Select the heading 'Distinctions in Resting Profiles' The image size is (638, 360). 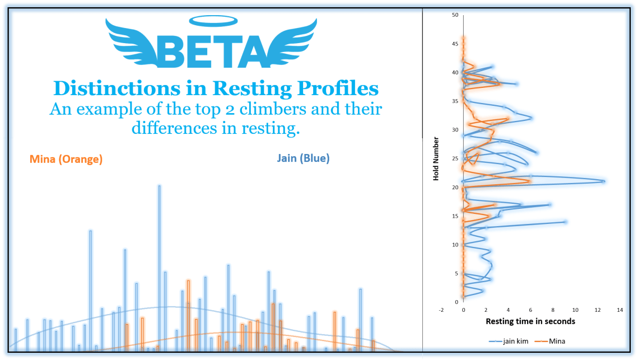coord(216,88)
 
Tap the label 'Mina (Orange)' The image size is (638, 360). coord(66,159)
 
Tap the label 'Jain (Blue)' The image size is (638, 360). coord(304,158)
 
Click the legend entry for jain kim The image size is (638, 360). coord(504,340)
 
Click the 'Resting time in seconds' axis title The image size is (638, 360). coord(530,321)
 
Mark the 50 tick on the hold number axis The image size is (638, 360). coord(455,15)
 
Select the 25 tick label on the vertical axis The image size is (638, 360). coord(455,158)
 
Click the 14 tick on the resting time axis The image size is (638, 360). coord(620,310)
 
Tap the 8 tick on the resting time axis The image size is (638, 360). coord(553,310)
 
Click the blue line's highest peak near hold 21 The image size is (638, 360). coord(603,181)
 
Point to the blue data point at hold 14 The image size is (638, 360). coord(565,222)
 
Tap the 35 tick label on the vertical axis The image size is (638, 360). coord(455,101)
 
